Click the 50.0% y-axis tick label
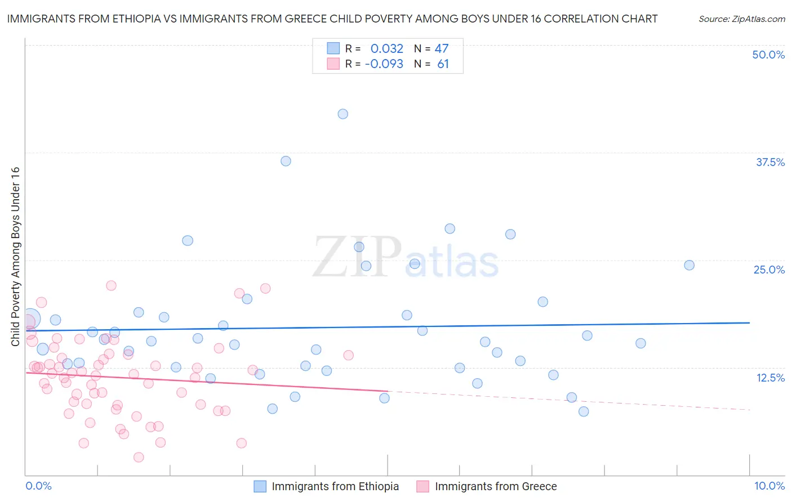(x=768, y=55)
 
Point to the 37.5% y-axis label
(x=770, y=163)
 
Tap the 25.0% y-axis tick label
(x=769, y=270)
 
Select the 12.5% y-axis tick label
(x=770, y=378)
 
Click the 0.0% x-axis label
(x=38, y=486)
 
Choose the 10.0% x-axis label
(x=769, y=486)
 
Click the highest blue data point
(x=342, y=114)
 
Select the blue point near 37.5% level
(x=286, y=162)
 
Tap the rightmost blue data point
(x=689, y=266)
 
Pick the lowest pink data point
(x=139, y=458)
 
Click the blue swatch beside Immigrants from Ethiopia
(x=260, y=486)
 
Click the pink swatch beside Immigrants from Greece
(x=422, y=486)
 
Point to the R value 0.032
(x=387, y=49)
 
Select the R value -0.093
(x=384, y=64)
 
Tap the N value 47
(x=442, y=49)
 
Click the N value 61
(x=443, y=64)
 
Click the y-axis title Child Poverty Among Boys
(x=15, y=257)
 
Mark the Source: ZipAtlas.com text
(x=741, y=19)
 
